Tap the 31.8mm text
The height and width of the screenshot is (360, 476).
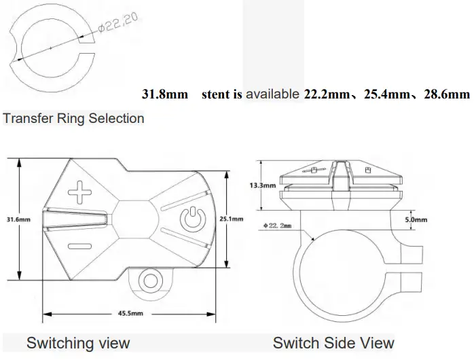[164, 94]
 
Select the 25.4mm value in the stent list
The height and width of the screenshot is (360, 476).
[386, 94]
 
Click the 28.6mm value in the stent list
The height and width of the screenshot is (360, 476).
[446, 94]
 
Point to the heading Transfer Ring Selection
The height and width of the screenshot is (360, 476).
[73, 118]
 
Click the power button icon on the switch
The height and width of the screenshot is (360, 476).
[192, 218]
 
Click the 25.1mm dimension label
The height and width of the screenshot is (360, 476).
[232, 219]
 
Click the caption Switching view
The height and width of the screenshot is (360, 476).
[78, 342]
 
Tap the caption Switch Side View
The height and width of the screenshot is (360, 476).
[333, 342]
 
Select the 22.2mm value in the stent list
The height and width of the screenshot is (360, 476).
[326, 94]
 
